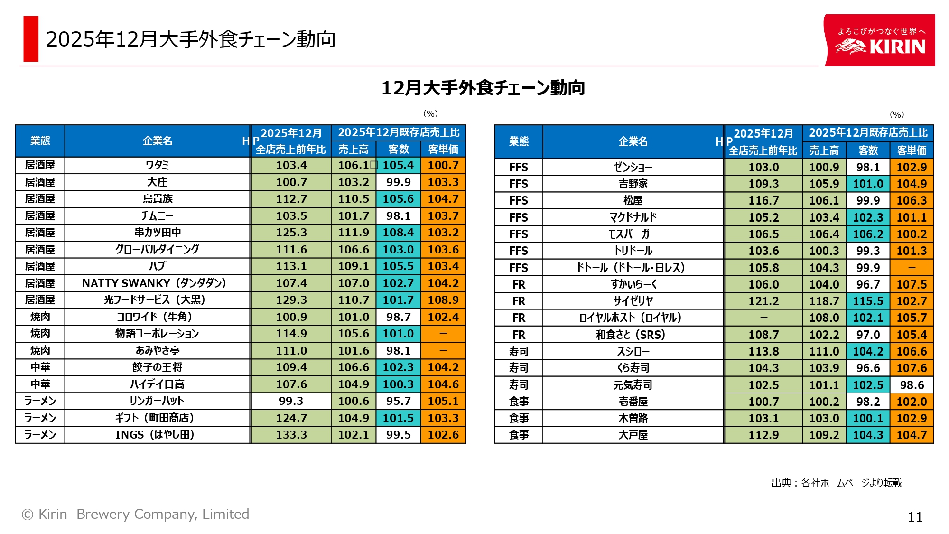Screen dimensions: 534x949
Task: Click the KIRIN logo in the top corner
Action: tap(880, 41)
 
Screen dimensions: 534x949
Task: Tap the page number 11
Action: tap(915, 517)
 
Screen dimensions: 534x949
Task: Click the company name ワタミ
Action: tap(157, 165)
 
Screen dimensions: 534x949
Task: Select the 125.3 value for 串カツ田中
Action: tap(291, 233)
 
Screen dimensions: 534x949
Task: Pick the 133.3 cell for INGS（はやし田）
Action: tap(291, 435)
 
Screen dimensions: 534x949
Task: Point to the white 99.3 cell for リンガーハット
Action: tap(291, 401)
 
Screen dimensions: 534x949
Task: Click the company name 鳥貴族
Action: tap(157, 199)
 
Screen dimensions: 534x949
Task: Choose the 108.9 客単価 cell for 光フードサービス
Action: tap(443, 300)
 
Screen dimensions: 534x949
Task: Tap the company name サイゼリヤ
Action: tap(633, 301)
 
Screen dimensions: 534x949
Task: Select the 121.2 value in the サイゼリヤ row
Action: tap(763, 301)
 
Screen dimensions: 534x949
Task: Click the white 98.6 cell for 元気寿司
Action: tap(912, 385)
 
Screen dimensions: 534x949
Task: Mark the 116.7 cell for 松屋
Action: tap(763, 200)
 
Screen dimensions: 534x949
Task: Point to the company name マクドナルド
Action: tap(633, 217)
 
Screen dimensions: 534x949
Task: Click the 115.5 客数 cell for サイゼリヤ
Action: tap(868, 301)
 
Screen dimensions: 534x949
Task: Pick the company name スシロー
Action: tap(633, 351)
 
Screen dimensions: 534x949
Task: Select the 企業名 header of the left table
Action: tap(157, 141)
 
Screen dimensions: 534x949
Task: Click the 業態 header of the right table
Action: tap(519, 141)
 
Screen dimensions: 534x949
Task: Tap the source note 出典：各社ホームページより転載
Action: tap(837, 483)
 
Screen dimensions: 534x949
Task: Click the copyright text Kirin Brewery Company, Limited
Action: tap(136, 514)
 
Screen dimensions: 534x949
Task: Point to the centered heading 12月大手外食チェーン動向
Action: tap(483, 88)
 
